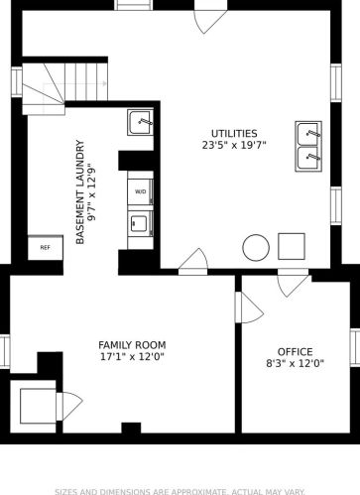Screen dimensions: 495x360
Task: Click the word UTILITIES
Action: [233, 133]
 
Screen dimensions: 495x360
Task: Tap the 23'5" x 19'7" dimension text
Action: [233, 146]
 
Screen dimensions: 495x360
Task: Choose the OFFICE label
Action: [295, 351]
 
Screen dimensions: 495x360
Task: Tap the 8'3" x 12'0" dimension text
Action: [295, 364]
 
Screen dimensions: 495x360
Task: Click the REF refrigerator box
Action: [46, 247]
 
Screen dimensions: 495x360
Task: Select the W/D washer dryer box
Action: [140, 190]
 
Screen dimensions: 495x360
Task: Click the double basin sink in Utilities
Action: [308, 145]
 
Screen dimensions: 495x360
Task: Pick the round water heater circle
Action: [256, 245]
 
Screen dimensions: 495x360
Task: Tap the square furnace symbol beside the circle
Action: [291, 244]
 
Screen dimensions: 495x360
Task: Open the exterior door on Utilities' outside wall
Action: [209, 17]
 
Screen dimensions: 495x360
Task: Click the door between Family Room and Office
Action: [247, 307]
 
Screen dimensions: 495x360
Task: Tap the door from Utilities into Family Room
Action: [193, 263]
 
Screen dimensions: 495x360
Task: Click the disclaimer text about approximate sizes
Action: [180, 489]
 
